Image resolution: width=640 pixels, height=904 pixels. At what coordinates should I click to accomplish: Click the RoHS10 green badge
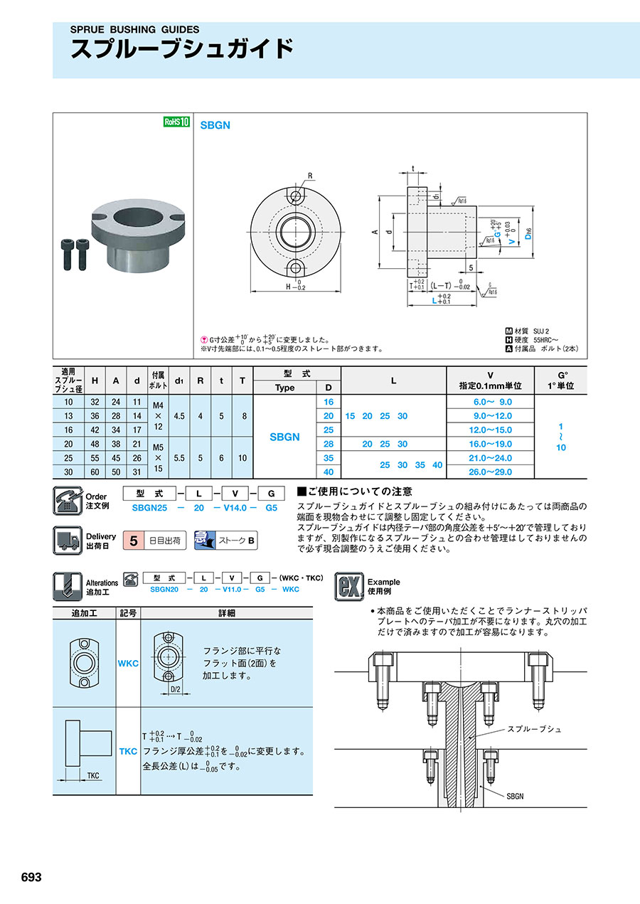[x=177, y=122]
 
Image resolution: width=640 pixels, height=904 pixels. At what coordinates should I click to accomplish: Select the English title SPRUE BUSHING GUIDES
[x=134, y=30]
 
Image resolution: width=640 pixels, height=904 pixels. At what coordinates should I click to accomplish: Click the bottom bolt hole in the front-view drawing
[x=294, y=267]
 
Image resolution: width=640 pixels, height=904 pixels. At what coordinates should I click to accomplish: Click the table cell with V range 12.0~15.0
[x=489, y=430]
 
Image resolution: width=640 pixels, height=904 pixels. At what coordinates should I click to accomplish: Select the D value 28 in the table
[x=329, y=444]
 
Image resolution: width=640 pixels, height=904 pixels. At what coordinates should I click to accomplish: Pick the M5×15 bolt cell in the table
[x=158, y=457]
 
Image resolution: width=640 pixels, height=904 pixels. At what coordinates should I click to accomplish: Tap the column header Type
[x=284, y=388]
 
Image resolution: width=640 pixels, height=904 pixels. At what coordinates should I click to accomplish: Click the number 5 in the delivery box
[x=132, y=541]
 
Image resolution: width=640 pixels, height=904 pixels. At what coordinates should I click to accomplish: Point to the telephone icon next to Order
[x=68, y=501]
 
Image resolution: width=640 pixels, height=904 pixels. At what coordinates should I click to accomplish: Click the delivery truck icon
[x=68, y=539]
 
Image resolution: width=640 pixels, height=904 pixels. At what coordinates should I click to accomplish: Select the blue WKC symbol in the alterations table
[x=128, y=663]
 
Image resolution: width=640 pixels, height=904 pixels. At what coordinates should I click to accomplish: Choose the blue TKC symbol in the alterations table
[x=128, y=751]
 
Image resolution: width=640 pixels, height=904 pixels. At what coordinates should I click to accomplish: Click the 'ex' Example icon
[x=349, y=586]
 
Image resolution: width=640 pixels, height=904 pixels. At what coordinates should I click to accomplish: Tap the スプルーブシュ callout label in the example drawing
[x=534, y=729]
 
